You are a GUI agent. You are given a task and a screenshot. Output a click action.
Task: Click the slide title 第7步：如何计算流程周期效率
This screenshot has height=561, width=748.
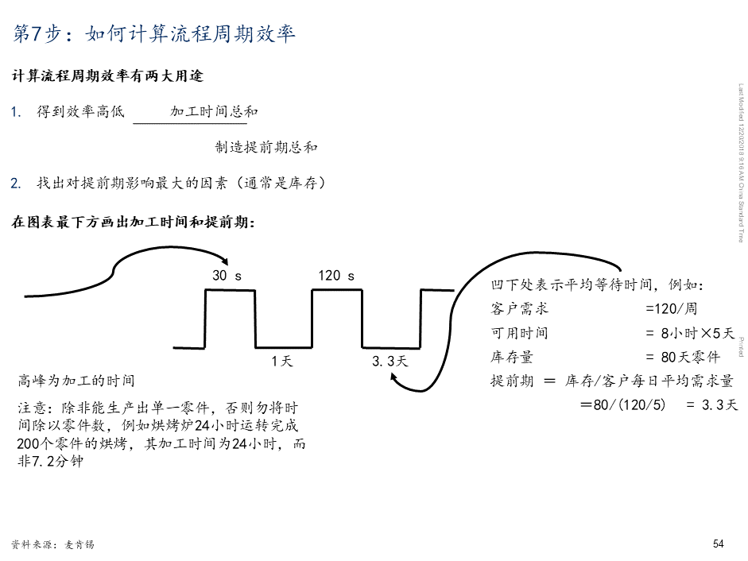(155, 33)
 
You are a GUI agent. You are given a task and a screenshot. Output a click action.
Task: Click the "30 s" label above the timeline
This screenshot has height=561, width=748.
(227, 276)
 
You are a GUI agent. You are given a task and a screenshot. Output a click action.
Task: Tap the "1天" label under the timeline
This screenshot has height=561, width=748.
(282, 362)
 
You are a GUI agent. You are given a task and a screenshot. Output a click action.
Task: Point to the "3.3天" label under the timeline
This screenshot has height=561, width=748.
(390, 362)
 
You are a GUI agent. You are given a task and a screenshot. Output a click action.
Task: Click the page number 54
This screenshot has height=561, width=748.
(718, 544)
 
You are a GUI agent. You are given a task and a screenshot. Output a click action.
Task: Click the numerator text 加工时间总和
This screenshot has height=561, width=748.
(214, 112)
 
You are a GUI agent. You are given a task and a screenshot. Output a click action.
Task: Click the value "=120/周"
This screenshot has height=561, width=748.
(671, 308)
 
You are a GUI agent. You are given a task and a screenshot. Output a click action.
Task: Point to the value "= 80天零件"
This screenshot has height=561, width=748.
(683, 357)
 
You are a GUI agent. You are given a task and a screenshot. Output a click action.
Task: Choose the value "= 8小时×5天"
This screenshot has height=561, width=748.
(689, 333)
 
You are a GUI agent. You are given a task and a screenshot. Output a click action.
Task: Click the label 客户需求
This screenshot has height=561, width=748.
(520, 308)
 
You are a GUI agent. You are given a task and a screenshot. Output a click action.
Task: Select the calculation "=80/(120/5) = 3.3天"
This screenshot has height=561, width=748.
(659, 405)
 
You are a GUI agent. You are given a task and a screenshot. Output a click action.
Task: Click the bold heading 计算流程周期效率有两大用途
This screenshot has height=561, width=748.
(107, 76)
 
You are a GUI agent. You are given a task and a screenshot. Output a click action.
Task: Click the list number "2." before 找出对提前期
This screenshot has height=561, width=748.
(16, 184)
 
